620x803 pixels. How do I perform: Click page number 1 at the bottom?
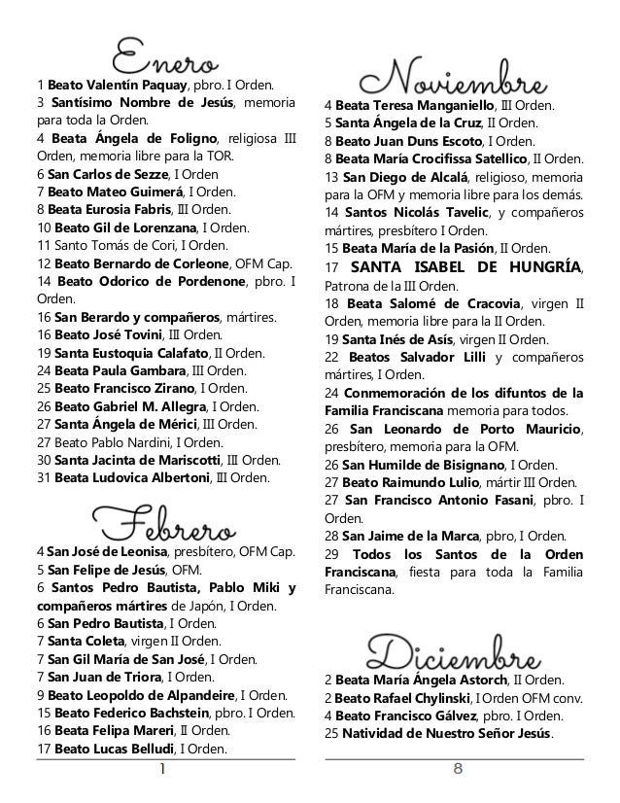163,770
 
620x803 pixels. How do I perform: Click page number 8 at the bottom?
456,770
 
